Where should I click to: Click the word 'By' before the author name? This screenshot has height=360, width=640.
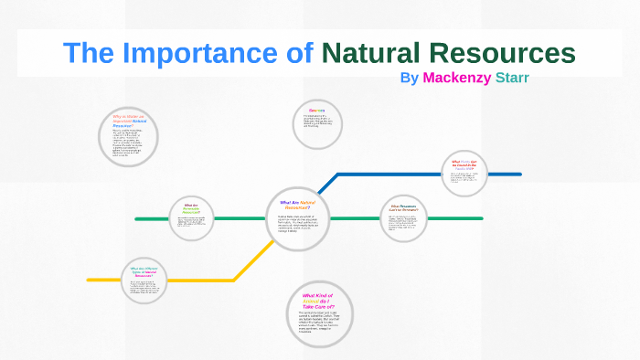point(410,78)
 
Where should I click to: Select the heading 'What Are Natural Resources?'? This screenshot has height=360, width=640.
point(295,205)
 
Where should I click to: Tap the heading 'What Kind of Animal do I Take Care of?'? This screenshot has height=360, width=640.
point(318,301)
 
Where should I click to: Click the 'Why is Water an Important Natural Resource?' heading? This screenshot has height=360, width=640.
point(130,122)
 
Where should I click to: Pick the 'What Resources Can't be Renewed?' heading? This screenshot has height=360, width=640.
point(402,207)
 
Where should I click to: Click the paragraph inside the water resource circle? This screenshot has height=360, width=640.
point(129,143)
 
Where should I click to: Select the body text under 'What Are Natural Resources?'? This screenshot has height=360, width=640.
point(296,224)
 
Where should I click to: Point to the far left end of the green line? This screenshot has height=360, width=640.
point(136,219)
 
